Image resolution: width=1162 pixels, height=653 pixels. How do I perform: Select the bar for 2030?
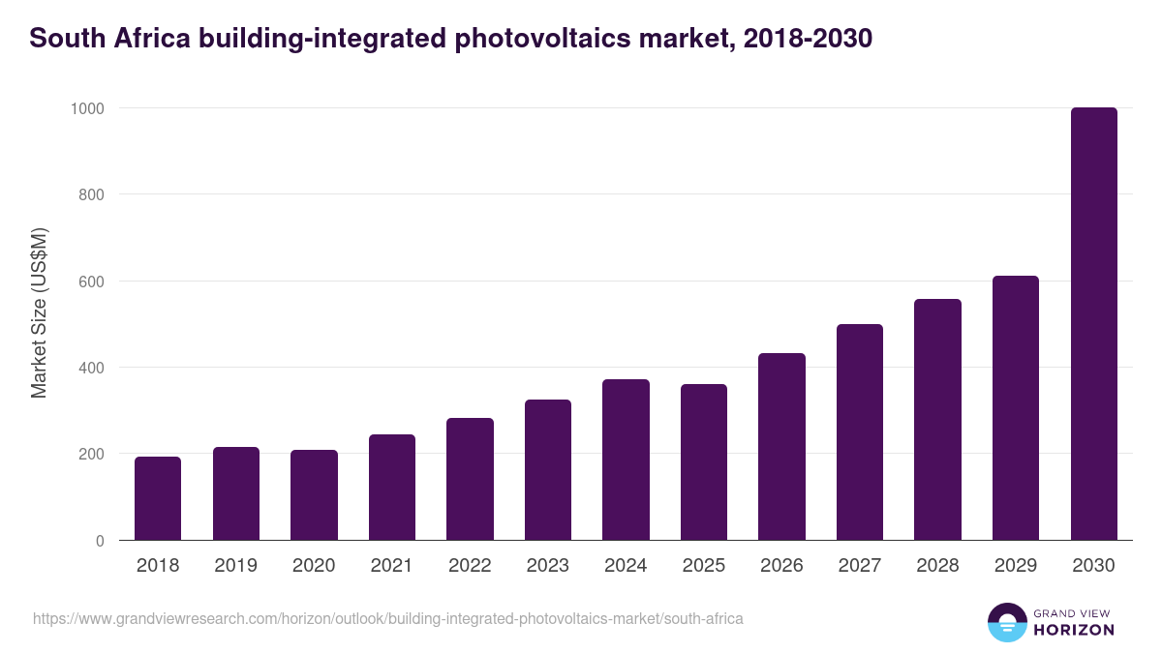click(x=1093, y=324)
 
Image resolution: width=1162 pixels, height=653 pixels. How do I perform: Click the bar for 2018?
click(x=158, y=498)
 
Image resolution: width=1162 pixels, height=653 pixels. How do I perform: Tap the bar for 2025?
click(x=704, y=462)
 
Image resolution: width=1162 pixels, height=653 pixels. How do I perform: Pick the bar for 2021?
click(x=392, y=488)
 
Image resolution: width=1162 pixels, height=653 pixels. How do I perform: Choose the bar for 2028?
click(x=937, y=420)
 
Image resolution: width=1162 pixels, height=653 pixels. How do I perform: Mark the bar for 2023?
click(x=548, y=470)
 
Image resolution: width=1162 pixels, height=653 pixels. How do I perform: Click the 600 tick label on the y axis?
click(x=90, y=282)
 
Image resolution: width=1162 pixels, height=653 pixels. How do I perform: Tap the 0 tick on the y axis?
click(x=99, y=541)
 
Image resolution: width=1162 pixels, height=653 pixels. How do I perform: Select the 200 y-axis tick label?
click(x=90, y=454)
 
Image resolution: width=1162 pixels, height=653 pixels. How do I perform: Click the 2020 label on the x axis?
click(x=314, y=566)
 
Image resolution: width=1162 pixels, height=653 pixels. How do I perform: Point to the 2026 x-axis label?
click(x=781, y=566)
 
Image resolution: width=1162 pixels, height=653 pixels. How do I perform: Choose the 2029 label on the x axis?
click(x=1016, y=566)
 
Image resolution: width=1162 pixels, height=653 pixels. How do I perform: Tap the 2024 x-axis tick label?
click(x=626, y=566)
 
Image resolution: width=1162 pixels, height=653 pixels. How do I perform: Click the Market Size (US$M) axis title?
click(x=39, y=312)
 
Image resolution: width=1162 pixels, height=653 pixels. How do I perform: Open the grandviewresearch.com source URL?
click(x=388, y=618)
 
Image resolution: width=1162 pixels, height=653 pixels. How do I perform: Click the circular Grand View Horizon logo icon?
click(x=1007, y=622)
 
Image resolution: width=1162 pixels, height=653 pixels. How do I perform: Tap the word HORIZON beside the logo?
click(x=1074, y=630)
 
